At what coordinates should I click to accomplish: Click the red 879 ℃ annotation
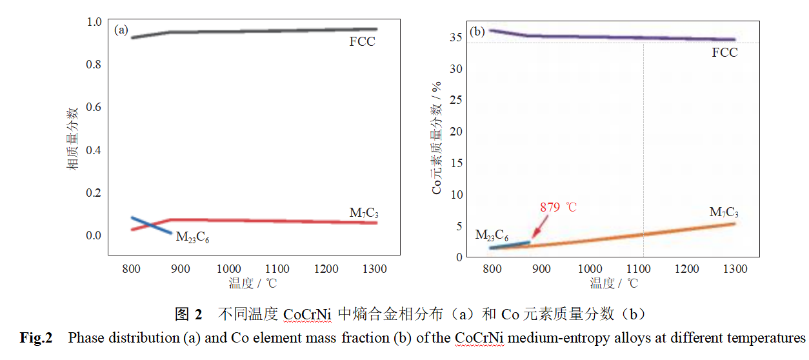(559, 208)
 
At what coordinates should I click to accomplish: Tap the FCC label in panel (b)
(724, 53)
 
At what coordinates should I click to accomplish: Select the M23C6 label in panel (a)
(192, 237)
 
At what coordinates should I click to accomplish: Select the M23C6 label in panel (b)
(492, 235)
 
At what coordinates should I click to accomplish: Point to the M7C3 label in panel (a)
(363, 212)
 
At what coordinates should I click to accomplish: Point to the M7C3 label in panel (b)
(723, 212)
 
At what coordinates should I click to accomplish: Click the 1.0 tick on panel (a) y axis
(94, 22)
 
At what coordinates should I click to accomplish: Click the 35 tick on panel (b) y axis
(455, 37)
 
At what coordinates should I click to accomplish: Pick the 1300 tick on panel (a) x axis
(374, 269)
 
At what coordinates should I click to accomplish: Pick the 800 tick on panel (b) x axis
(493, 269)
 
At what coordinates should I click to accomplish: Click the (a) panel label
(121, 30)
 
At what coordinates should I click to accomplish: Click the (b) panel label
(478, 31)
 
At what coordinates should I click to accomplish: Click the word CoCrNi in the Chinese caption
(307, 315)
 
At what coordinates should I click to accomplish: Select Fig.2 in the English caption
(35, 337)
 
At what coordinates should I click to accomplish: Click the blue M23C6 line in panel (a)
(151, 225)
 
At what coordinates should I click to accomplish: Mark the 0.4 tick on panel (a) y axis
(94, 150)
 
